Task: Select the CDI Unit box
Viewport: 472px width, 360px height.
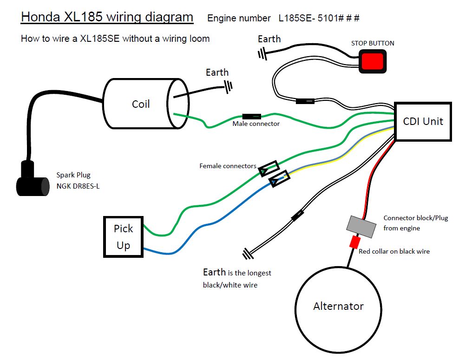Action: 423,122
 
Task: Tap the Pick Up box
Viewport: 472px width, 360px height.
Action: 123,237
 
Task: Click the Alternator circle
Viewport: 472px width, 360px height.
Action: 338,306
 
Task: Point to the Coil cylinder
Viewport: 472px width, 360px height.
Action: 141,104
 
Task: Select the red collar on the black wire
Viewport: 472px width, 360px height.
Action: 355,242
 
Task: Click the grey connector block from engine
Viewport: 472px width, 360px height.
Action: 361,225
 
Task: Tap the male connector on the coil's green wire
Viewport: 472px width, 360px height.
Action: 251,116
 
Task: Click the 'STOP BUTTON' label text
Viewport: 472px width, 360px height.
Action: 373,43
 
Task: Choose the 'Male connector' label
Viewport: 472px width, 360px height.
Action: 256,124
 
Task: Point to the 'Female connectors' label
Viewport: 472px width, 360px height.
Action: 228,166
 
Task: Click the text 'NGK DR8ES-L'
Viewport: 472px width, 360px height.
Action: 78,186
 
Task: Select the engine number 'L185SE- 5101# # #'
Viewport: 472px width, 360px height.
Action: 319,19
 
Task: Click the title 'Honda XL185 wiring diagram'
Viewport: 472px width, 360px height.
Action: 107,17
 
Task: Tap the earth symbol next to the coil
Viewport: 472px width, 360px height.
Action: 228,85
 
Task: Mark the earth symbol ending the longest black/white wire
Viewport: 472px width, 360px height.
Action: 247,253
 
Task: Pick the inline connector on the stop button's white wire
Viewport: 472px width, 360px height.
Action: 305,101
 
